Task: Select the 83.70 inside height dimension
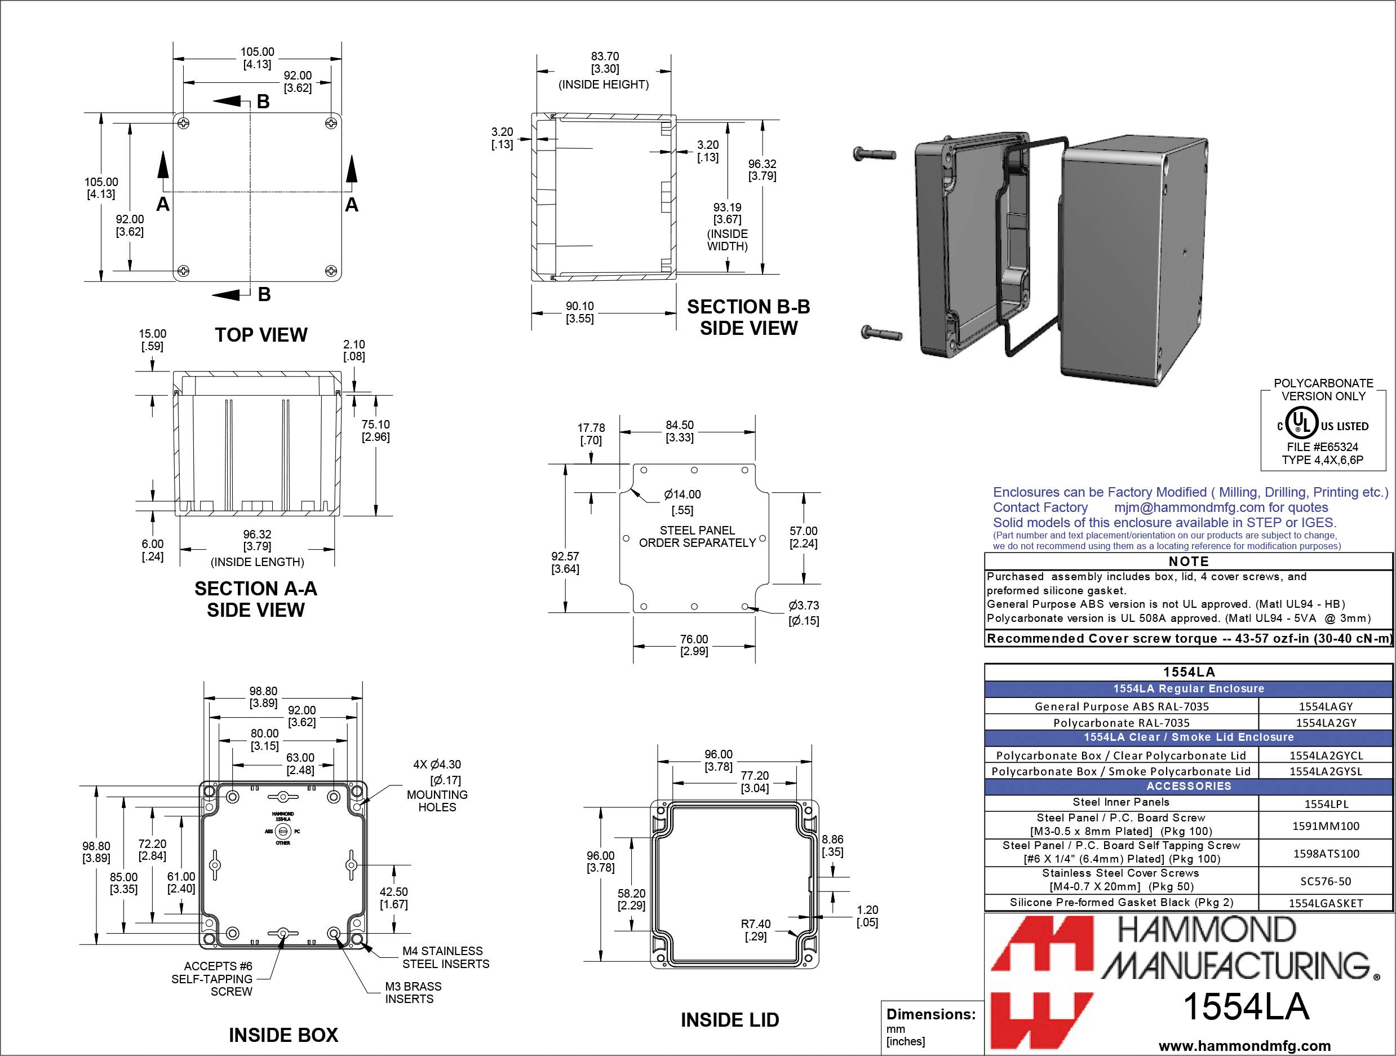(x=605, y=63)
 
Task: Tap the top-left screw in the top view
(x=183, y=122)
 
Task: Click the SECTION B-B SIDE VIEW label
(x=748, y=317)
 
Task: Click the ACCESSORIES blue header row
(x=1189, y=786)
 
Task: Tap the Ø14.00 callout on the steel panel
(x=683, y=501)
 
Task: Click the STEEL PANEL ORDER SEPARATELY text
(x=697, y=537)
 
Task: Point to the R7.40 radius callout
(x=755, y=930)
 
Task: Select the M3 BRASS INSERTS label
(x=413, y=992)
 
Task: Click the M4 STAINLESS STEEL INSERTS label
(x=445, y=957)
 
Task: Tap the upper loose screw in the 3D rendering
(x=873, y=153)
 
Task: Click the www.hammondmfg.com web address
(x=1244, y=1045)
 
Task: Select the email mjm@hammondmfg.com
(x=1189, y=507)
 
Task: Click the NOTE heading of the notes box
(x=1189, y=561)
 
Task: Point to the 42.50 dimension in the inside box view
(x=393, y=898)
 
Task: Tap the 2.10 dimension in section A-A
(x=354, y=350)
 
